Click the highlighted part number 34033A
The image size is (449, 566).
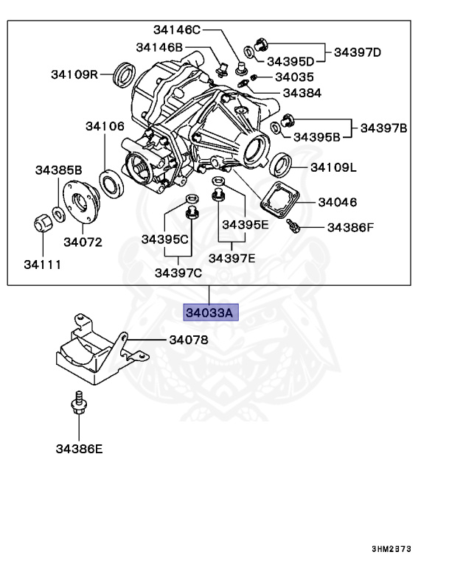pyautogui.click(x=209, y=313)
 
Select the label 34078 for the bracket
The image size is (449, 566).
pyautogui.click(x=189, y=340)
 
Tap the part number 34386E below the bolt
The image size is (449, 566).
pyautogui.click(x=79, y=448)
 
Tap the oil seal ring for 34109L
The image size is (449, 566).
pyautogui.click(x=280, y=164)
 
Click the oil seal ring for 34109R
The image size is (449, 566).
pyautogui.click(x=126, y=74)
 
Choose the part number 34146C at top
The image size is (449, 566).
pyautogui.click(x=177, y=30)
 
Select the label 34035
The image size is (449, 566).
pyautogui.click(x=294, y=77)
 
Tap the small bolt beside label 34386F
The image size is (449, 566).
pyautogui.click(x=293, y=228)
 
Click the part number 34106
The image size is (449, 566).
pyautogui.click(x=104, y=126)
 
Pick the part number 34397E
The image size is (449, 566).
pyautogui.click(x=232, y=257)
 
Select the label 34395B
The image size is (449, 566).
pyautogui.click(x=317, y=136)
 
